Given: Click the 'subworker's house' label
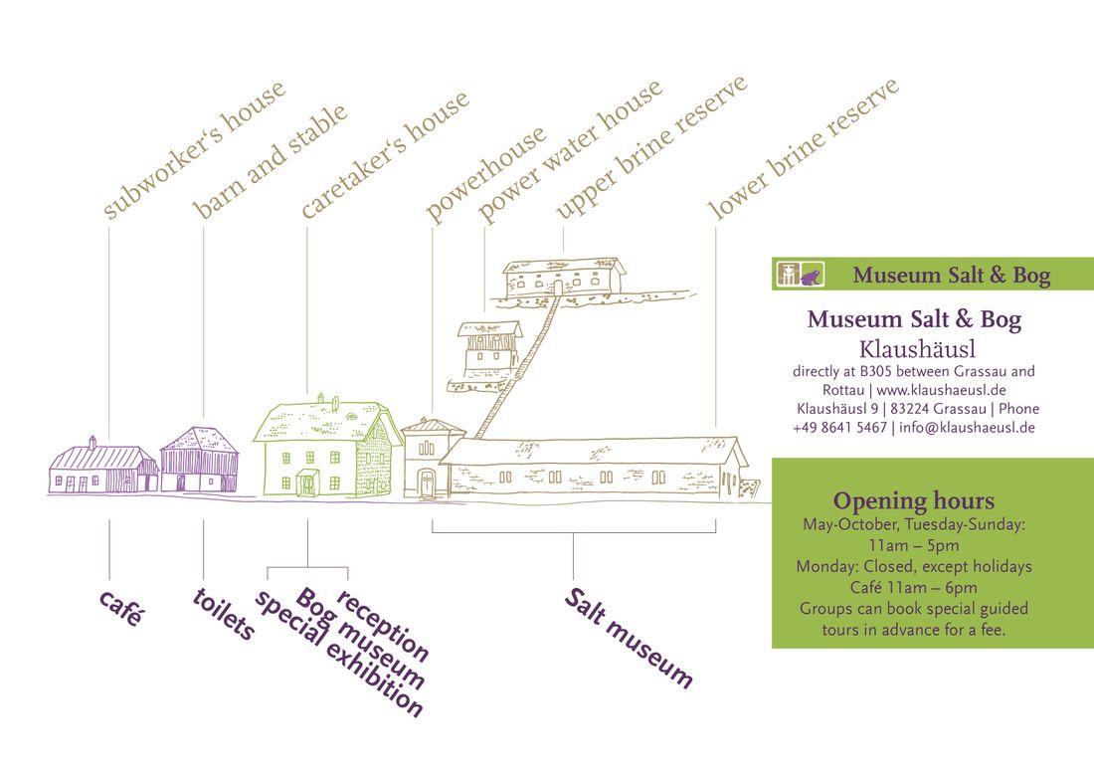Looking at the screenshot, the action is tap(194, 150).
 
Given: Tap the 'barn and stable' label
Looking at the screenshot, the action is tap(270, 161).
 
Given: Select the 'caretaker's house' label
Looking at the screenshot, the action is tap(385, 154).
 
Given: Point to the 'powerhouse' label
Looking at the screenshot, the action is tap(485, 174).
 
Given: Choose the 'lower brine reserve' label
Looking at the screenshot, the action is tap(803, 149).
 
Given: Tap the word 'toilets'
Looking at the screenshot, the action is tap(224, 614).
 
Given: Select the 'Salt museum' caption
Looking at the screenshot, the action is tap(629, 638).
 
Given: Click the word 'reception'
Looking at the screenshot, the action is tap(382, 626).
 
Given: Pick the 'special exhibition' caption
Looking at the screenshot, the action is tap(338, 654).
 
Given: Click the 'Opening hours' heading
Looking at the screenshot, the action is tap(913, 501).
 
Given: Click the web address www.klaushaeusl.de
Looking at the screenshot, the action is tap(941, 390).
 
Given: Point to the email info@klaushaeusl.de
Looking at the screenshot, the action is tap(967, 428).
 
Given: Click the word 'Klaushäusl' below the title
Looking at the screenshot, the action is tap(918, 349).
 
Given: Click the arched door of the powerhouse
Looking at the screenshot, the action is tap(426, 483).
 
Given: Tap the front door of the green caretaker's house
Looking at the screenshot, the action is tap(307, 483).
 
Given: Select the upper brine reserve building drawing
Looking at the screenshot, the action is tap(565, 278).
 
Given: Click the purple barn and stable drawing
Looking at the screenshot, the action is tap(200, 460).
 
